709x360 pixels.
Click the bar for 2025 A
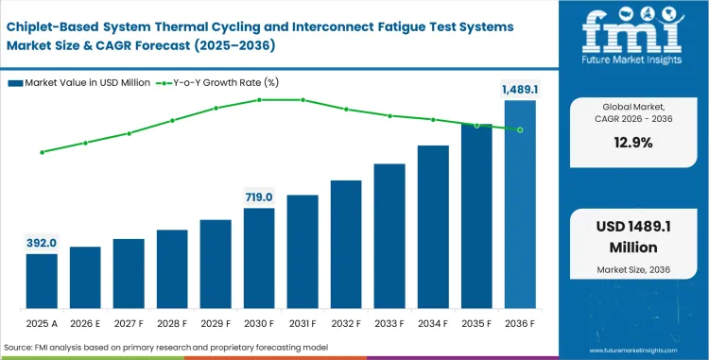coord(42,281)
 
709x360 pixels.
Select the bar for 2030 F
coord(259,258)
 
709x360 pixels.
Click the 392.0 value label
coord(42,242)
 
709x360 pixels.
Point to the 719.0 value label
coord(259,197)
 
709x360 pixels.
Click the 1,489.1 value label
coord(519,89)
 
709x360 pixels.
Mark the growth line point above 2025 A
coord(42,152)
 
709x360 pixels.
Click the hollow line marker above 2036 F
coord(519,129)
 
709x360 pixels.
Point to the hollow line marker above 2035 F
coord(476,125)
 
